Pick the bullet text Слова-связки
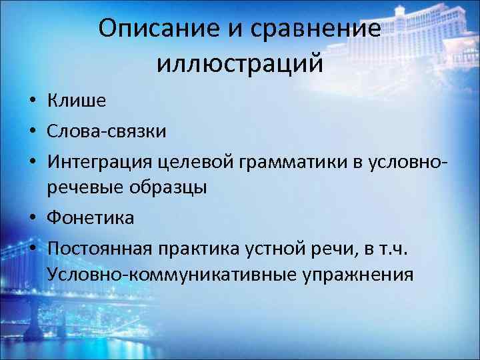coord(107,130)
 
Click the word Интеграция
coord(100,160)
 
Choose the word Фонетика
coord(91,217)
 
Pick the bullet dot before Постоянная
coord(32,247)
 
